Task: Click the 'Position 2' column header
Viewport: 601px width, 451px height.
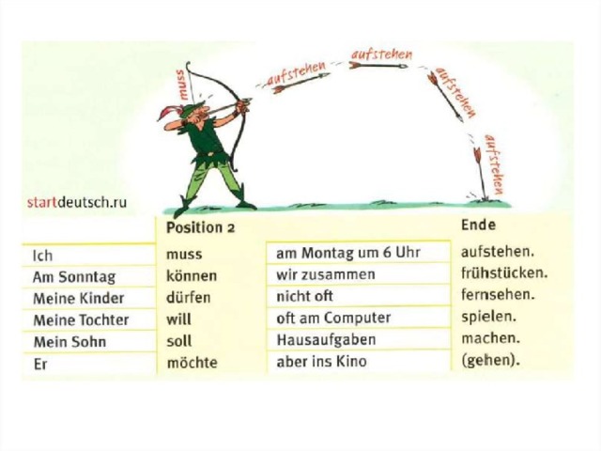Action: point(200,227)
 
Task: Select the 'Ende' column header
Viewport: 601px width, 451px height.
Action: point(478,225)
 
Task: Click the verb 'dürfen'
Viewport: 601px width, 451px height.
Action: point(188,297)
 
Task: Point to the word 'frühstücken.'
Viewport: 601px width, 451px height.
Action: point(504,273)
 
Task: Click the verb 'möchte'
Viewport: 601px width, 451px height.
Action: point(192,362)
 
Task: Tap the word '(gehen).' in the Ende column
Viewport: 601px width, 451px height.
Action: point(490,361)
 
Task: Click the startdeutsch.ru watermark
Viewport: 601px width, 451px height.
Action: point(77,202)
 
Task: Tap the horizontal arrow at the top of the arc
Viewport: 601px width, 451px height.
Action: point(378,66)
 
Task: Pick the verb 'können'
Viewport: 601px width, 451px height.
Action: point(192,275)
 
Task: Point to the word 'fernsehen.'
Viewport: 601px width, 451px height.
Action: point(498,295)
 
